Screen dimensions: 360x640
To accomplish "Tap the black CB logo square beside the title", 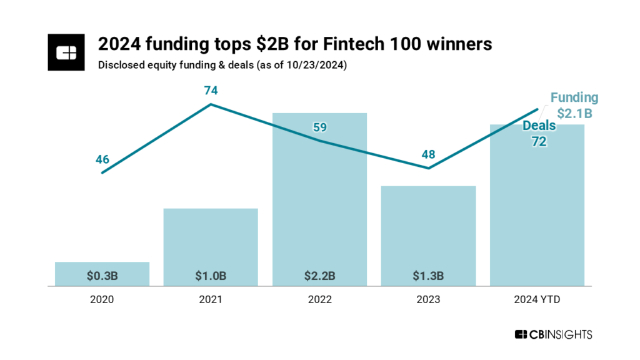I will [66, 52].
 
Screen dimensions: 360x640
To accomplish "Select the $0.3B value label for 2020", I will [102, 275].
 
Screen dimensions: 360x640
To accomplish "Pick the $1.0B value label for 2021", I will [211, 275].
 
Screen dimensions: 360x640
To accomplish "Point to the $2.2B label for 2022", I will [319, 275].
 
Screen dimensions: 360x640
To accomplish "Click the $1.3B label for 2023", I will [428, 275].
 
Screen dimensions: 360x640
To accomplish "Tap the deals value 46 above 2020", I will [102, 159].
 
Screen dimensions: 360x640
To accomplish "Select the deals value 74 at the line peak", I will [211, 91].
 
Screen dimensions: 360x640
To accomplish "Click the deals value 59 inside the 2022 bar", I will [319, 127].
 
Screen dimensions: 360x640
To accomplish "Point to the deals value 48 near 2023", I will [428, 154].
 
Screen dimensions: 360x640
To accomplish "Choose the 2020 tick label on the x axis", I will [102, 300].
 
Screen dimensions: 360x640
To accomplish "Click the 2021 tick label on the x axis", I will [211, 300].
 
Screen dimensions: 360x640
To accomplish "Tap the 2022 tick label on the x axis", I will [319, 300].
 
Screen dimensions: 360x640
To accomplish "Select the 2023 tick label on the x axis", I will [428, 300].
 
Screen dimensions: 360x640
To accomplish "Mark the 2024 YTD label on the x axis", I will [537, 300].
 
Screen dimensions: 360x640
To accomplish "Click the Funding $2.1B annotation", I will [574, 106].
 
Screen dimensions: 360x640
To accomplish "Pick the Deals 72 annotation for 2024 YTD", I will [539, 134].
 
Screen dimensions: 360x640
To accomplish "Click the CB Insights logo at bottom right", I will [553, 335].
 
